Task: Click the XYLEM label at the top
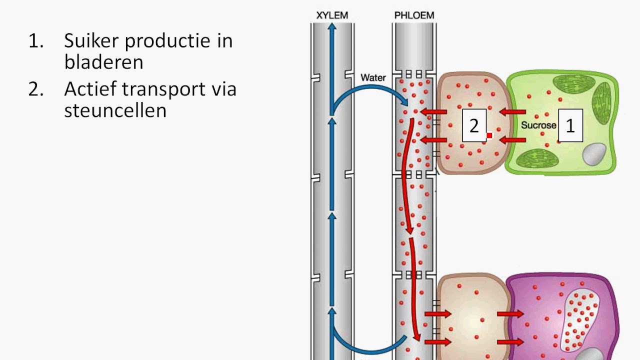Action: coord(332,15)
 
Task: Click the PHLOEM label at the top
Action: coord(414,15)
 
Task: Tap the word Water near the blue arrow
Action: coord(373,78)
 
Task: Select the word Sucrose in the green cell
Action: coord(538,125)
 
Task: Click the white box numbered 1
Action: coord(570,126)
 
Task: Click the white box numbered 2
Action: coord(474,126)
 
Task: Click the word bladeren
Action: coord(103,62)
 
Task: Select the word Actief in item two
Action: coord(90,89)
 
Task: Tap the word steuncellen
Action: coord(115,110)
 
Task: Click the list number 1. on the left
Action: coord(35,41)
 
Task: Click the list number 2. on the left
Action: coord(35,89)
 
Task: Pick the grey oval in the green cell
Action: coord(594,154)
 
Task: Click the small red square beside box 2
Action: coord(489,135)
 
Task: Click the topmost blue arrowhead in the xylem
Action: coord(332,26)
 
